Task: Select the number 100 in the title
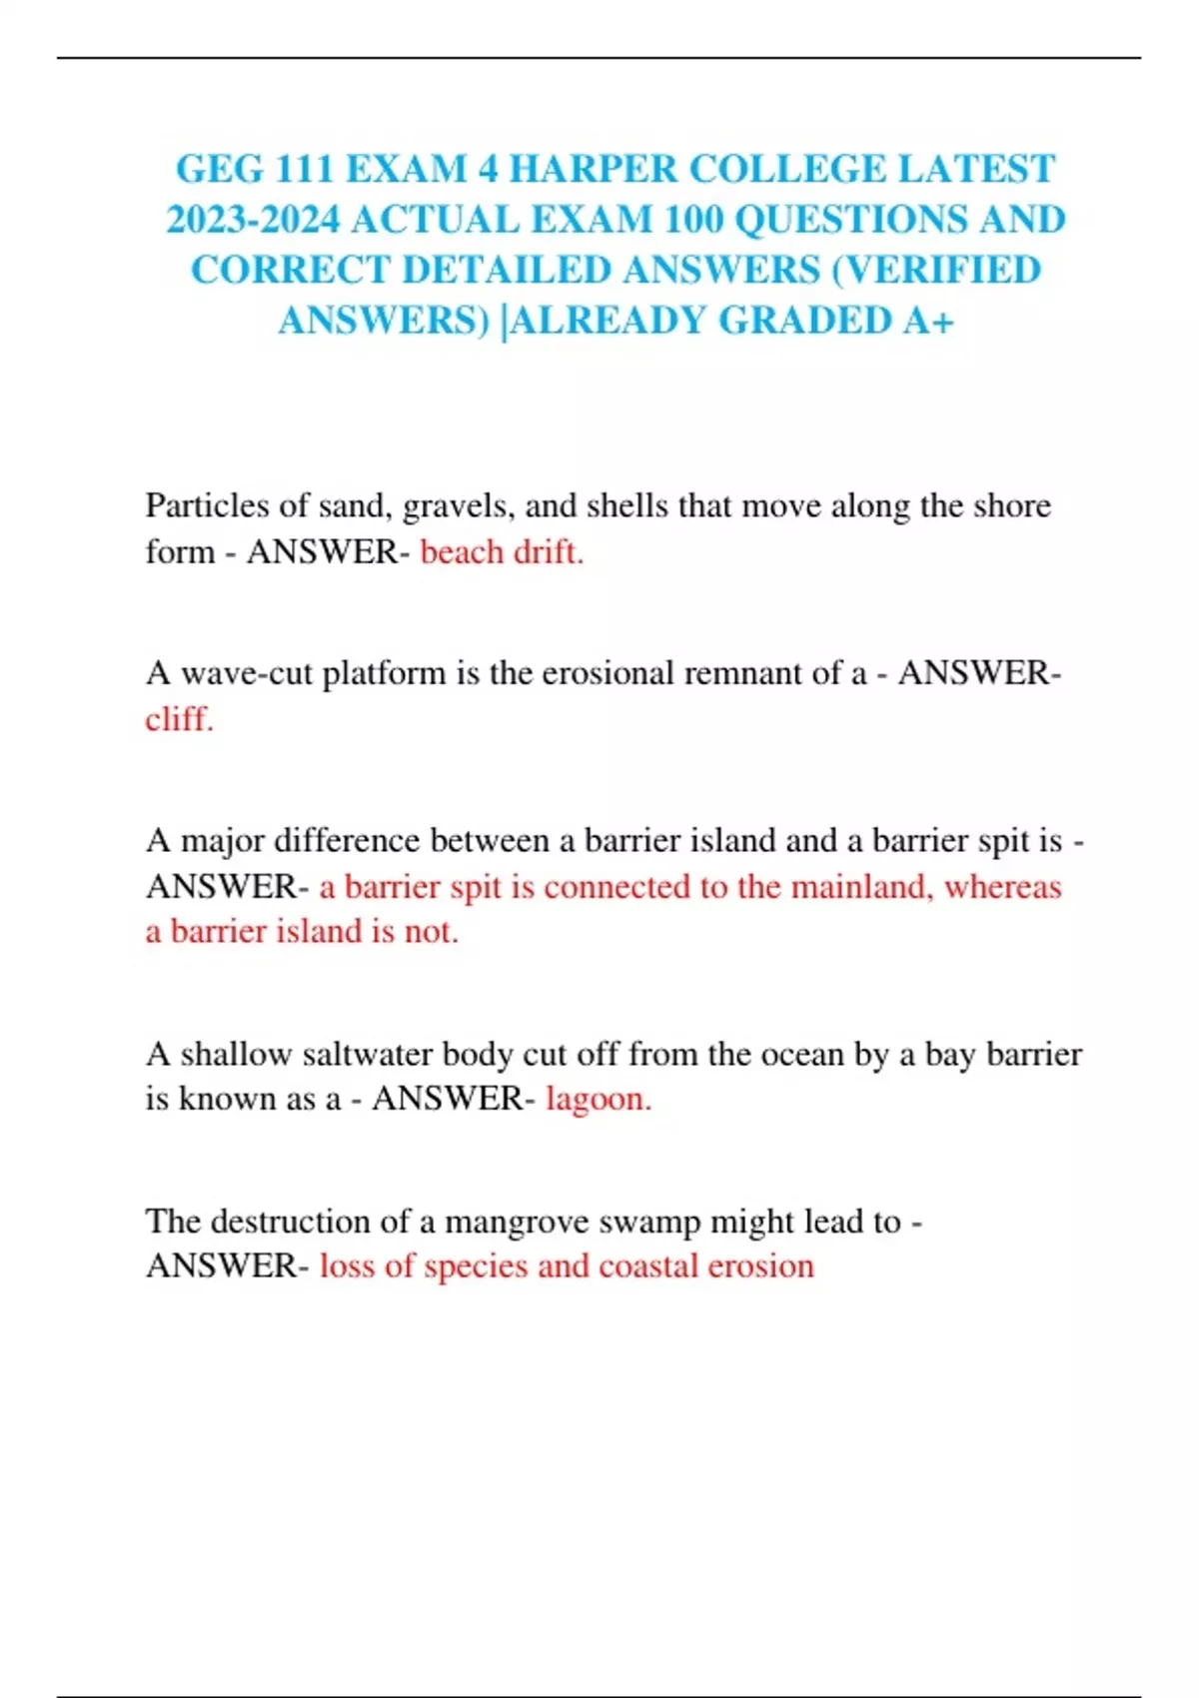click(x=693, y=220)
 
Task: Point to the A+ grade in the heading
click(x=928, y=321)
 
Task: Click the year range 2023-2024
click(x=253, y=220)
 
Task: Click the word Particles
click(x=207, y=505)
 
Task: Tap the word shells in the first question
click(x=628, y=505)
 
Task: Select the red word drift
click(x=549, y=551)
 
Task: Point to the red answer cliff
click(x=179, y=718)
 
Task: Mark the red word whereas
click(x=1002, y=886)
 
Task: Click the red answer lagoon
click(x=598, y=1099)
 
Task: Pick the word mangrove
click(x=510, y=1222)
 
